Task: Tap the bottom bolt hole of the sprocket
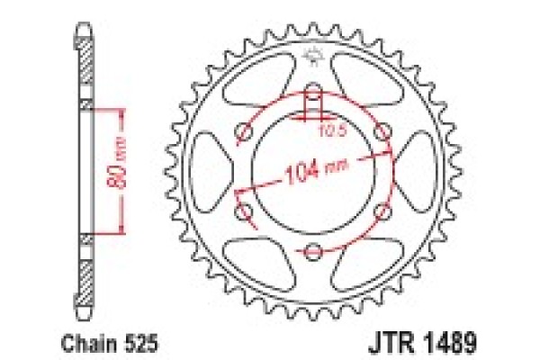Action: tap(311, 250)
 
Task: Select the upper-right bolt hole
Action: tap(382, 133)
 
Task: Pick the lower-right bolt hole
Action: tap(381, 211)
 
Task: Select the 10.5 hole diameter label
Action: tap(332, 133)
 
